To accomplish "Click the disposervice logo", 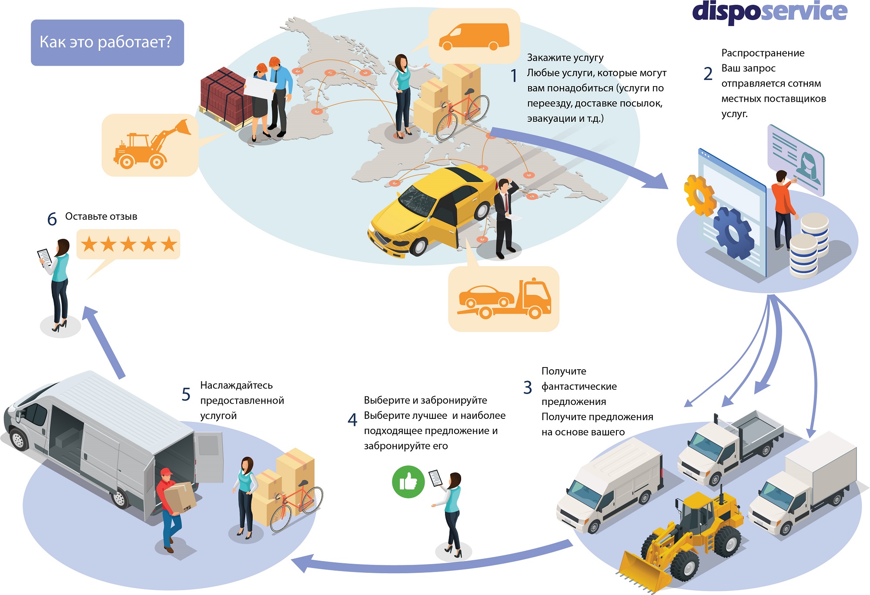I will (769, 12).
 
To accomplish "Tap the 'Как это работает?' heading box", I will (107, 42).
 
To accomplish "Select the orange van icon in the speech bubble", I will (474, 37).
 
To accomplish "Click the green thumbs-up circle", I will (408, 482).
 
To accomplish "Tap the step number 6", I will (52, 219).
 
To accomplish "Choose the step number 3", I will (528, 387).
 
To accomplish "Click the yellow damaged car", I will (431, 209).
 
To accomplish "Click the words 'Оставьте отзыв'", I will (101, 217).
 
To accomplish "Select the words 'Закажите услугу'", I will (565, 58).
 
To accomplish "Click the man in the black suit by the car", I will (505, 217).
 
